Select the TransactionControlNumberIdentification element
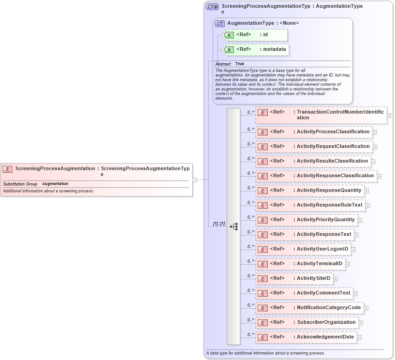point(321,115)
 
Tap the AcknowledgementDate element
point(306,337)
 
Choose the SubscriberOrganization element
point(307,322)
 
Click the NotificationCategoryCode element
point(309,308)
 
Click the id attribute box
point(255,35)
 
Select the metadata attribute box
point(256,49)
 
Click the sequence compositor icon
point(233,226)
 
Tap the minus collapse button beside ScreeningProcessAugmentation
point(195,180)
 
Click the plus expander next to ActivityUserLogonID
point(353,250)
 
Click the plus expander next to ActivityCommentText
point(355,294)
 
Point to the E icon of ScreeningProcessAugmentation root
point(8,169)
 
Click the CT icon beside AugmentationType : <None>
point(220,23)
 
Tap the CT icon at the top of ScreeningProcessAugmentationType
point(212,7)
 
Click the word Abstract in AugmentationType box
point(223,64)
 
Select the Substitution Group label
point(20,184)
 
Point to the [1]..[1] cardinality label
point(219,224)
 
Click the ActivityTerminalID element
point(300,264)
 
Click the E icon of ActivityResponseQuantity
point(262,191)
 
